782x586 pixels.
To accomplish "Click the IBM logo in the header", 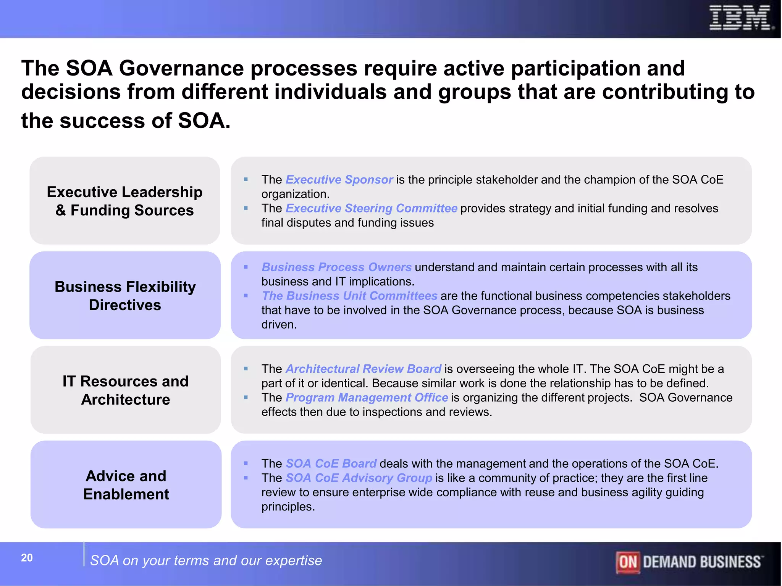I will [741, 18].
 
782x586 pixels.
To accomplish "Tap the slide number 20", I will [27, 558].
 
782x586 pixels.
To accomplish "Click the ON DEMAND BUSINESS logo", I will [689, 562].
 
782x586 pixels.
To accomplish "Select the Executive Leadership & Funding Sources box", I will [125, 201].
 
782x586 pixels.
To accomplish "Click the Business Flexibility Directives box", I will [125, 295].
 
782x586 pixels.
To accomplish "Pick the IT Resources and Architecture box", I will [126, 390].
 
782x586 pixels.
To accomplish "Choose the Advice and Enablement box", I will [126, 485].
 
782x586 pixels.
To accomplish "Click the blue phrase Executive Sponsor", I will [339, 180].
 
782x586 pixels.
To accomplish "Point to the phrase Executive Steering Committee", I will [371, 208].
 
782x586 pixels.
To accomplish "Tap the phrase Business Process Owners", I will [336, 267].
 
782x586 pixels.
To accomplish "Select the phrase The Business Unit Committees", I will [349, 296].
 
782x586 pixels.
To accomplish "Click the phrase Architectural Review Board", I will [363, 369].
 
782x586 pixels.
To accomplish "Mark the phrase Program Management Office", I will [367, 398].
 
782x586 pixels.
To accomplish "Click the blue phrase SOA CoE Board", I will [331, 464].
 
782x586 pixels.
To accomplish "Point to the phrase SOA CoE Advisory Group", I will [359, 478].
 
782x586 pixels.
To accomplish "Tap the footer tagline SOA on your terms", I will [206, 560].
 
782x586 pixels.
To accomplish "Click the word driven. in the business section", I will [279, 325].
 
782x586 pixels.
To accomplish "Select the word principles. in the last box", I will [288, 507].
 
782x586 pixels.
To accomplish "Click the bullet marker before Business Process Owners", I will [246, 267].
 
